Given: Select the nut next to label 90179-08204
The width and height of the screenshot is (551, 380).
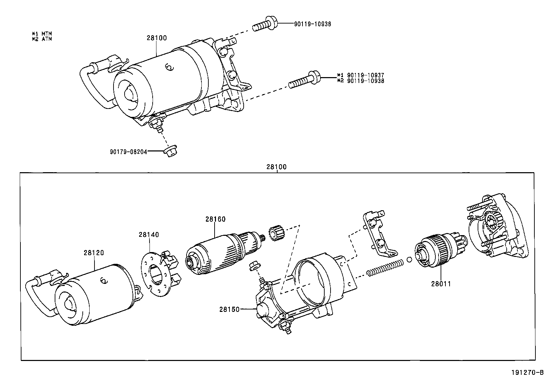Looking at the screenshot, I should point(171,152).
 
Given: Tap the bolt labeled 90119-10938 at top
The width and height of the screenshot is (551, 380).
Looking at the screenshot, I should point(265,24).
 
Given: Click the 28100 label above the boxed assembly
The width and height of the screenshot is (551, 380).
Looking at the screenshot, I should point(277,167).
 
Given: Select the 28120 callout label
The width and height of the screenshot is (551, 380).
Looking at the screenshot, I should point(93,252).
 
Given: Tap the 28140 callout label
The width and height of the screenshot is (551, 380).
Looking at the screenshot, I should point(149,234).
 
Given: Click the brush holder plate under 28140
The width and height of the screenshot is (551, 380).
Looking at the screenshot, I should point(154,273).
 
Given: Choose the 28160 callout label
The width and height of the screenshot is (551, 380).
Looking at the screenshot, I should point(215,219).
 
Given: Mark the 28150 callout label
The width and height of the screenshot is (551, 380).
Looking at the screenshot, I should point(229,309).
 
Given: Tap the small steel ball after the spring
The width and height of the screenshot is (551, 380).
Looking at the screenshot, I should point(409,260).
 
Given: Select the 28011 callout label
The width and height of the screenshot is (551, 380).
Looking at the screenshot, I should point(441,284).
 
